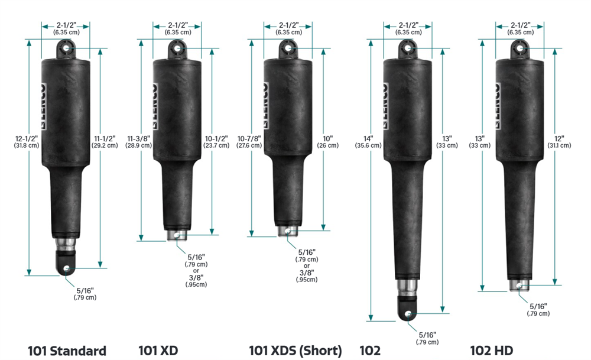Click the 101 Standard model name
(67, 351)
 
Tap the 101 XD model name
(158, 351)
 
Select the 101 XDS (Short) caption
(295, 351)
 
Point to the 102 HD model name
(492, 351)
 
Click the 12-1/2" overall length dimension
(27, 139)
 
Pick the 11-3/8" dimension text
(139, 139)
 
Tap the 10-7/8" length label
(249, 139)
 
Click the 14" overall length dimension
(368, 139)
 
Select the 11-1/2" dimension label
(105, 139)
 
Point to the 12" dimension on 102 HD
(559, 139)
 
